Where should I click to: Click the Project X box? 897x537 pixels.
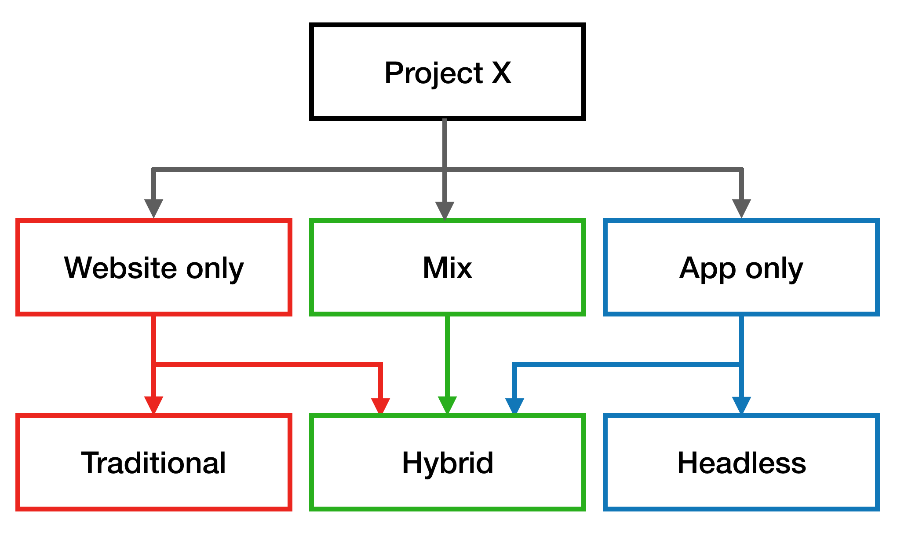pyautogui.click(x=447, y=72)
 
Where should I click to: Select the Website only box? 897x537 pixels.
pyautogui.click(x=153, y=267)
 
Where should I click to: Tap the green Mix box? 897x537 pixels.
pyautogui.click(x=447, y=267)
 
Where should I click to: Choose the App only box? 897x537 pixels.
pyautogui.click(x=741, y=267)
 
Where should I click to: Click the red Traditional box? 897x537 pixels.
pyautogui.click(x=153, y=462)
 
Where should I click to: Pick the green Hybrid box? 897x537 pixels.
pyautogui.click(x=447, y=462)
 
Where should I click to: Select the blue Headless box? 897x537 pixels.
pyautogui.click(x=741, y=462)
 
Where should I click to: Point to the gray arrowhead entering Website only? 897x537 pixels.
pyautogui.click(x=153, y=208)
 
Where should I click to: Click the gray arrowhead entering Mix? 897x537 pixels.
pyautogui.click(x=445, y=210)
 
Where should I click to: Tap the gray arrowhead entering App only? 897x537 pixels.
pyautogui.click(x=741, y=208)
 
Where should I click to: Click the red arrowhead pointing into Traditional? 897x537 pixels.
pyautogui.click(x=153, y=405)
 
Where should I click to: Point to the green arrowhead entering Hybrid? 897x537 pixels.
pyautogui.click(x=447, y=405)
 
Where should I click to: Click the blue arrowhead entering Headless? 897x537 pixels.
pyautogui.click(x=741, y=405)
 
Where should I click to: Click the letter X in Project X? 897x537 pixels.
pyautogui.click(x=501, y=73)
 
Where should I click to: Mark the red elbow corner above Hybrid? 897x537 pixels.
pyautogui.click(x=380, y=364)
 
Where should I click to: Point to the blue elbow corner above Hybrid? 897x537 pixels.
pyautogui.click(x=514, y=364)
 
